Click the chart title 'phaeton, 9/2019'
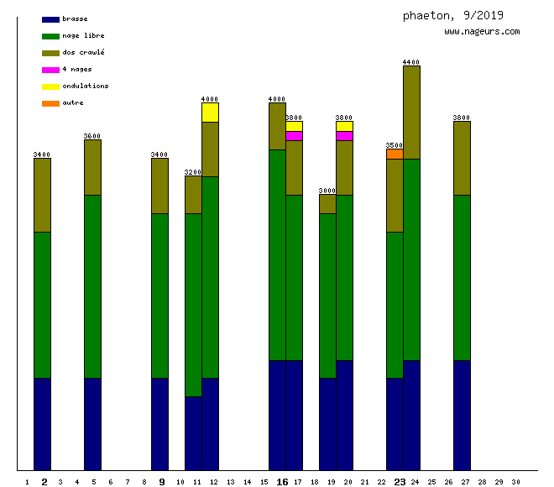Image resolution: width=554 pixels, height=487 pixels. pyautogui.click(x=452, y=15)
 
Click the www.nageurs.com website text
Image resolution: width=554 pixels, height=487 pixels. pyautogui.click(x=482, y=32)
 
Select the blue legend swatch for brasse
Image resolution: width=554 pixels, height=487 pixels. pyautogui.click(x=50, y=19)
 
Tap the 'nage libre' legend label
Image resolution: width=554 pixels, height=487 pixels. pyautogui.click(x=83, y=36)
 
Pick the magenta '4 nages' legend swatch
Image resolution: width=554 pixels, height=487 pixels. pyautogui.click(x=50, y=70)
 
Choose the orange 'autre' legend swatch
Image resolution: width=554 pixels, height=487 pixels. pyautogui.click(x=50, y=103)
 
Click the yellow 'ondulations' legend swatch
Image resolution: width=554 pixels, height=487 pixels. pyautogui.click(x=50, y=86)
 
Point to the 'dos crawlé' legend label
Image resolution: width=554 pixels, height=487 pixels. pyautogui.click(x=83, y=53)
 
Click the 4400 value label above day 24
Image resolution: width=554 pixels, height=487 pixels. pyautogui.click(x=411, y=62)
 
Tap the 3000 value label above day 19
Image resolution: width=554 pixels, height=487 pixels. pyautogui.click(x=327, y=191)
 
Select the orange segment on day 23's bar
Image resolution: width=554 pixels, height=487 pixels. pyautogui.click(x=395, y=154)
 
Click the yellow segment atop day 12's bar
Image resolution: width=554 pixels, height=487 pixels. pyautogui.click(x=210, y=113)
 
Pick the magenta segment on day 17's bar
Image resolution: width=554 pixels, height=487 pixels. pyautogui.click(x=294, y=136)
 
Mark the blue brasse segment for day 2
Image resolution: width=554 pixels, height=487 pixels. pyautogui.click(x=42, y=424)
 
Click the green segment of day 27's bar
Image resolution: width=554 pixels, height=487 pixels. pyautogui.click(x=462, y=277)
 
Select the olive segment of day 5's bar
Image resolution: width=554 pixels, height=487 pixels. pyautogui.click(x=92, y=167)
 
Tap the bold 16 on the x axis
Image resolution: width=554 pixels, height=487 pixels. pyautogui.click(x=282, y=482)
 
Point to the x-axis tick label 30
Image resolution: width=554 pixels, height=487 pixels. pyautogui.click(x=515, y=482)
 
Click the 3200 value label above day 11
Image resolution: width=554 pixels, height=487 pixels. pyautogui.click(x=193, y=172)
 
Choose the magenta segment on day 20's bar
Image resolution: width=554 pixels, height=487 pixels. pyautogui.click(x=344, y=136)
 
